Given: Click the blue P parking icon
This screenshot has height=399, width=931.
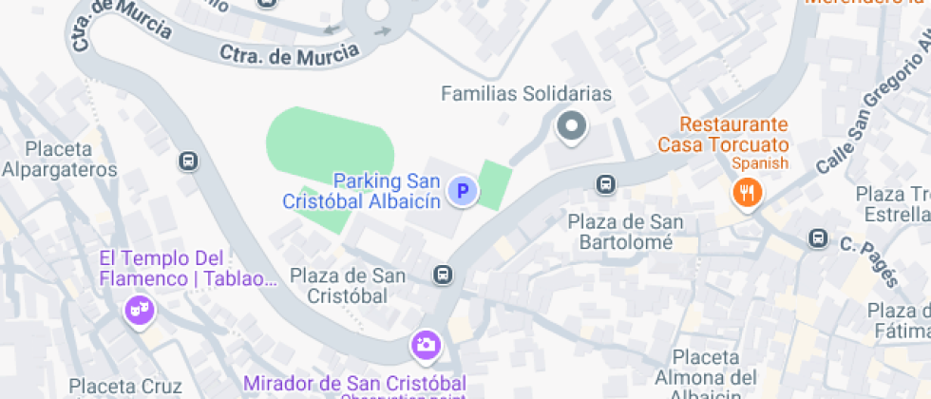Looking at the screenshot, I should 463,192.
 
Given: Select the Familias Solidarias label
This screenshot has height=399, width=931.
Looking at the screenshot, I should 526,94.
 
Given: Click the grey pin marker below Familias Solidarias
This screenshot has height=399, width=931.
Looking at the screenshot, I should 572,125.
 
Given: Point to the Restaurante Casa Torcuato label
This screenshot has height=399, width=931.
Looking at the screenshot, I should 723,135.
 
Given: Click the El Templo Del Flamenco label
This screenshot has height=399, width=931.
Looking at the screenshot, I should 161,268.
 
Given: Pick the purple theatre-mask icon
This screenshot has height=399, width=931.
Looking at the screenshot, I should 140,310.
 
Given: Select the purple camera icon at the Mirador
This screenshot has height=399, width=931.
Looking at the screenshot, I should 425,344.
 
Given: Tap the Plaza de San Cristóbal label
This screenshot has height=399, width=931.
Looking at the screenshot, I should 348,286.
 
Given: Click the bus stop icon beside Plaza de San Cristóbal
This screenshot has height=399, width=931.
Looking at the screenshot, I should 442,275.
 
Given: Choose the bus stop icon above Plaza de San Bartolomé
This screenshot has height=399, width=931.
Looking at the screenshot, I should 605,183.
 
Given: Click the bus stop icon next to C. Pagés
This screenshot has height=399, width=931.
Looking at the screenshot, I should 817,238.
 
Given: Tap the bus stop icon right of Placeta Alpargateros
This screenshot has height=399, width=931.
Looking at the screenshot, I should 188,161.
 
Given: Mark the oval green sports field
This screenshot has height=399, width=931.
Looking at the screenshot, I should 329,142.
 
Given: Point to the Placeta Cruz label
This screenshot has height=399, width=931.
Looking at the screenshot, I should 125,387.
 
